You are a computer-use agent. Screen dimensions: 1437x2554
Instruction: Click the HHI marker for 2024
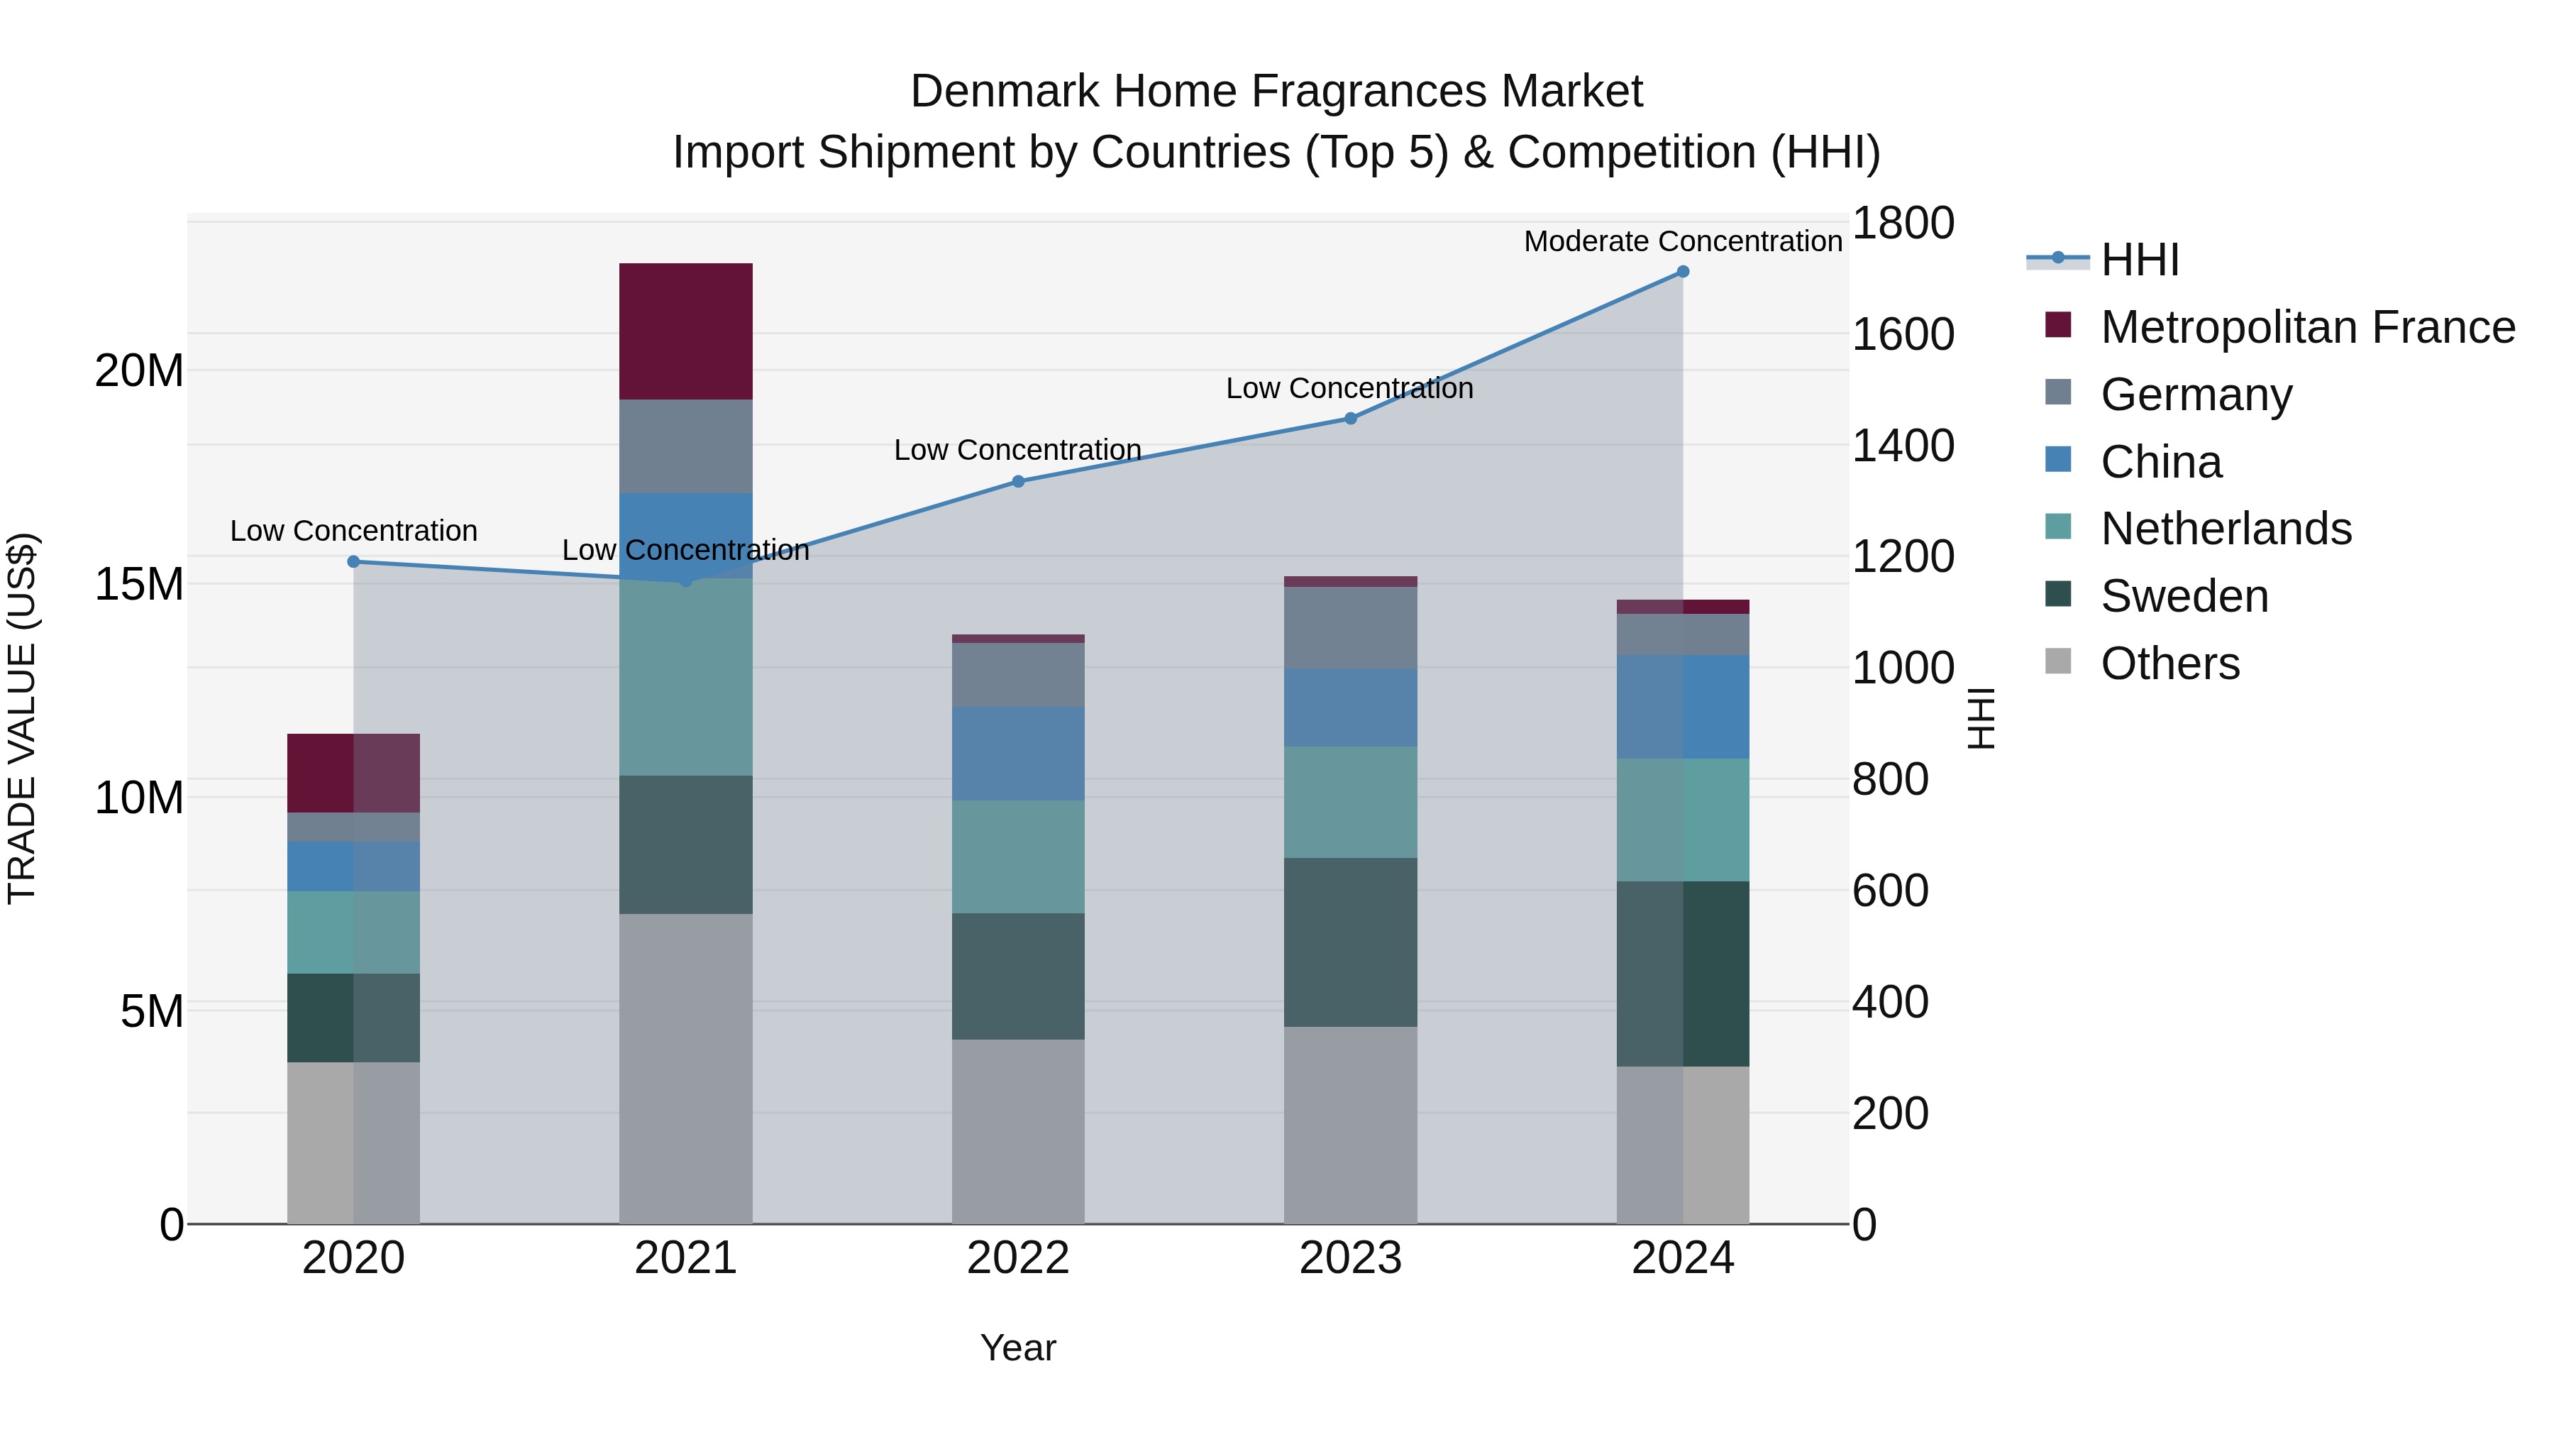pyautogui.click(x=1683, y=272)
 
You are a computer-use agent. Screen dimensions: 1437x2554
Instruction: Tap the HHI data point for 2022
pyautogui.click(x=1018, y=482)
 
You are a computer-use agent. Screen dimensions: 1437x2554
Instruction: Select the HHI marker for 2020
pyautogui.click(x=354, y=562)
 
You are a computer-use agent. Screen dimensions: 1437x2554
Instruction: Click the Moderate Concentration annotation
pyautogui.click(x=1683, y=242)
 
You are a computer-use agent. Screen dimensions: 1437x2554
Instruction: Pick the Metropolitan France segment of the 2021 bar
pyautogui.click(x=685, y=331)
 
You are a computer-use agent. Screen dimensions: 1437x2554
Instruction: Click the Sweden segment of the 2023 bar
pyautogui.click(x=1350, y=942)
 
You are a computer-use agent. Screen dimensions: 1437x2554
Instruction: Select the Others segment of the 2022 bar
pyautogui.click(x=1018, y=1132)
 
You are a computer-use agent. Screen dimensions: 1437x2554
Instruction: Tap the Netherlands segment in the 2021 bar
pyautogui.click(x=685, y=678)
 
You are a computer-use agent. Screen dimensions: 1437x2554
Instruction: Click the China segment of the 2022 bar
pyautogui.click(x=1018, y=754)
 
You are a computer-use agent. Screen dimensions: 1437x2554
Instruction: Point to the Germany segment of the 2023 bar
pyautogui.click(x=1350, y=628)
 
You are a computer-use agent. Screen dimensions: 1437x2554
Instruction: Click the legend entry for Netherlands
pyautogui.click(x=2226, y=529)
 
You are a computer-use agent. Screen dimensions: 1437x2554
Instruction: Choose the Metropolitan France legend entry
pyautogui.click(x=2307, y=327)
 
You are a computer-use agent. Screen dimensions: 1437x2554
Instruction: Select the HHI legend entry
pyautogui.click(x=2140, y=260)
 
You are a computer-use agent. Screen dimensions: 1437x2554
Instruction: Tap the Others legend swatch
pyautogui.click(x=2058, y=661)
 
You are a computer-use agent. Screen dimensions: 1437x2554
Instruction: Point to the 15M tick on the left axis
pyautogui.click(x=139, y=584)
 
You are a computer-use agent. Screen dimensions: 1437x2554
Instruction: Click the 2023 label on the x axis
pyautogui.click(x=1350, y=1258)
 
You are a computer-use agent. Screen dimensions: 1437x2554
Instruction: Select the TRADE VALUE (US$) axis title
pyautogui.click(x=22, y=718)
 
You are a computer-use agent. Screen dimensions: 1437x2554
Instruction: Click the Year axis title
pyautogui.click(x=1018, y=1348)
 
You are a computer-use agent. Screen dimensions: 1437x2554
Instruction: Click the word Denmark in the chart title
pyautogui.click(x=1005, y=92)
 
